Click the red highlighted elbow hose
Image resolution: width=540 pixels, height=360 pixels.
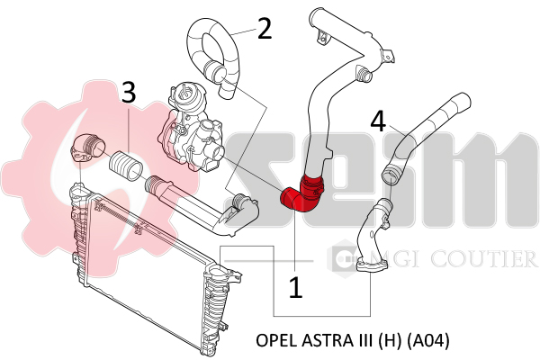coord(301,194)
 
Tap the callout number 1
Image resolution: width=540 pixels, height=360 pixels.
coord(295,288)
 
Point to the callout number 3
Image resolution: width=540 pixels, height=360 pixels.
coord(129,93)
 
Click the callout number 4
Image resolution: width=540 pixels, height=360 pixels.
coord(379,121)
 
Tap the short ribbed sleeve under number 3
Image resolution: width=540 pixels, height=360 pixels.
coord(126,166)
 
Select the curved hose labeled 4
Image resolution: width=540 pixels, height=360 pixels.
coord(426,138)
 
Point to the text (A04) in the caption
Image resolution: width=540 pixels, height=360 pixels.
coord(428,341)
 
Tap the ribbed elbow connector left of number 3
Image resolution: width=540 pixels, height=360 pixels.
coord(87,148)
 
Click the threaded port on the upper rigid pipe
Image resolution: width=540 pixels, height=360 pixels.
coord(364,74)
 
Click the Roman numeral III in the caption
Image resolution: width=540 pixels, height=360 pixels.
coord(364,340)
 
